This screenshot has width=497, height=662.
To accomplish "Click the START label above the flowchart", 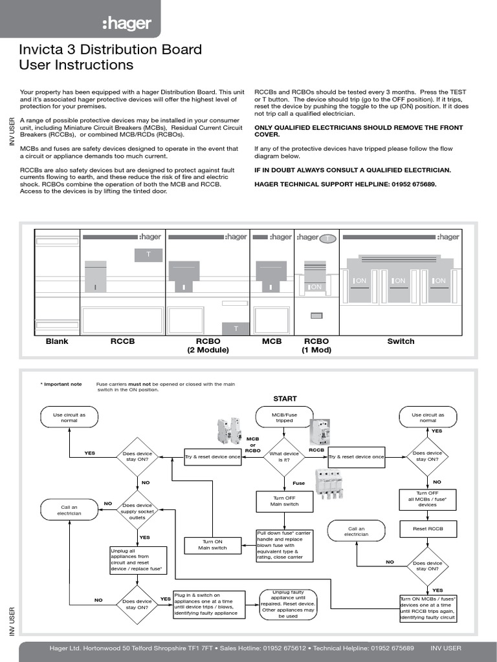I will (x=285, y=399).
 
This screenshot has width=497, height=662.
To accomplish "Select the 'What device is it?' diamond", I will (x=284, y=457).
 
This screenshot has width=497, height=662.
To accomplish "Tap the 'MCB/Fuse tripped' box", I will (x=284, y=417).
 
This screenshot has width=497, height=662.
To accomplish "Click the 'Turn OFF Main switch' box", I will (x=284, y=501).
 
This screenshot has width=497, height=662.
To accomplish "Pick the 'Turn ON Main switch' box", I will (x=212, y=544).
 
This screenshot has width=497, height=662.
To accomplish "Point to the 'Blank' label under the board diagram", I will (x=57, y=341).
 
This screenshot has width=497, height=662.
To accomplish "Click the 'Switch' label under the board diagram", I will (x=401, y=341).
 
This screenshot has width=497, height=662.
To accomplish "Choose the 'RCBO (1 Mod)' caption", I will (x=316, y=346).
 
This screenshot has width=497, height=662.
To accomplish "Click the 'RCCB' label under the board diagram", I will (x=123, y=341).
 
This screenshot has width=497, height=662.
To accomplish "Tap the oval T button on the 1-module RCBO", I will (x=328, y=239).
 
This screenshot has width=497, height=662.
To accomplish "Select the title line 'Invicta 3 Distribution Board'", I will (x=111, y=50).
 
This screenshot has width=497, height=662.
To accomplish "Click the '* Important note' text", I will (x=62, y=384).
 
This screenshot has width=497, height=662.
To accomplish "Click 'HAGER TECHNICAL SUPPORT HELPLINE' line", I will (x=346, y=184).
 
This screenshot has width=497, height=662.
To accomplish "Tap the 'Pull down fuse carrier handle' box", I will (x=284, y=545).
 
